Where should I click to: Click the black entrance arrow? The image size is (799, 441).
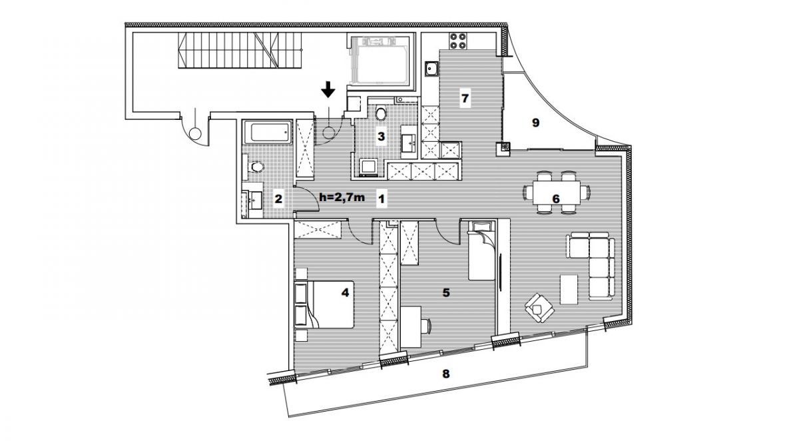pyautogui.click(x=328, y=89)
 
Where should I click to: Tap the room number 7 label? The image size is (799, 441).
pyautogui.click(x=465, y=98)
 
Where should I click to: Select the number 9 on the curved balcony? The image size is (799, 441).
pyautogui.click(x=535, y=123)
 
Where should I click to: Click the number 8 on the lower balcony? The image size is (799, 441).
pyautogui.click(x=445, y=374)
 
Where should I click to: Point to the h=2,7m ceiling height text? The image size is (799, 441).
pyautogui.click(x=342, y=197)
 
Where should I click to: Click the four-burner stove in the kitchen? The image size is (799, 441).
pyautogui.click(x=458, y=41)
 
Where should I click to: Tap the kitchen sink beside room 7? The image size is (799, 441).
pyautogui.click(x=431, y=69)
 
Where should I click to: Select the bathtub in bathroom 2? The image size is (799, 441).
pyautogui.click(x=272, y=132)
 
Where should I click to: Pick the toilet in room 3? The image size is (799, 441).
pyautogui.click(x=381, y=113)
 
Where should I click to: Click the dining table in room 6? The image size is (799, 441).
pyautogui.click(x=557, y=192)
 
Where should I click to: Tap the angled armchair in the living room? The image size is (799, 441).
pyautogui.click(x=539, y=308)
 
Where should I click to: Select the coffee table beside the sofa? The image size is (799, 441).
pyautogui.click(x=569, y=289)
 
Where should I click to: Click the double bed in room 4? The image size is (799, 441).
pyautogui.click(x=324, y=304)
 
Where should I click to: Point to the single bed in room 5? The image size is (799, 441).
pyautogui.click(x=481, y=250)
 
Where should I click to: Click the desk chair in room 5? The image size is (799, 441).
pyautogui.click(x=426, y=326)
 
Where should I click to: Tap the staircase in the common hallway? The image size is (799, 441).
pyautogui.click(x=240, y=50)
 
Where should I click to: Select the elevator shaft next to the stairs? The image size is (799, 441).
pyautogui.click(x=380, y=61)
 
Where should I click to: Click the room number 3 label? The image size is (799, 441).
pyautogui.click(x=381, y=137)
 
